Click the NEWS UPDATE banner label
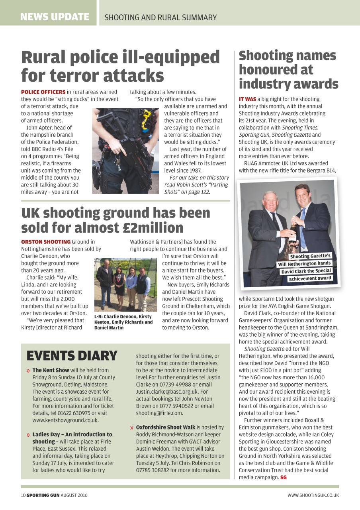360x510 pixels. pos(55,17)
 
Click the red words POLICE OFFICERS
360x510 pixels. pos(43,92)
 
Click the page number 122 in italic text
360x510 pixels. pos(205,192)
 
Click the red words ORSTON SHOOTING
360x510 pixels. pos(46,242)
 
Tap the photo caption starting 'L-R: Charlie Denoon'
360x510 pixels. pos(123,322)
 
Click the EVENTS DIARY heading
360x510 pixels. pos(72,355)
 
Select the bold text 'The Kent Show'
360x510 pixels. pos(51,370)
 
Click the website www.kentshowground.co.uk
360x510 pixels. pos(65,420)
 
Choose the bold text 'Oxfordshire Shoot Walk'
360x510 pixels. pos(166,427)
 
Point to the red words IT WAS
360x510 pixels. pos(247,99)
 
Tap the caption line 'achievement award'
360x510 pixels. pos(309,278)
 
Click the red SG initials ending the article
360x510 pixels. pos(283,477)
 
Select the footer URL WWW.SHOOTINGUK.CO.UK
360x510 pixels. pos(313,495)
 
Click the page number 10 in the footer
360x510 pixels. pos(23,495)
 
